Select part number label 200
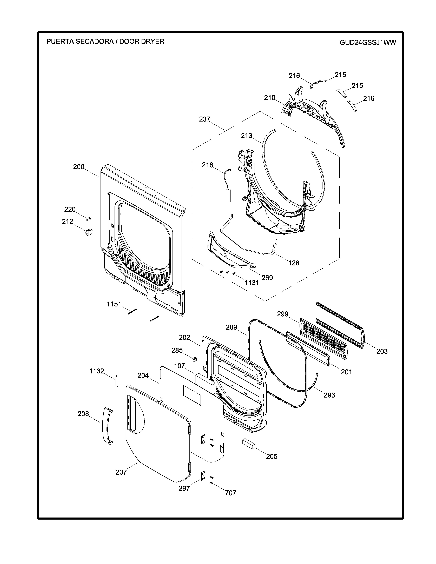point(79,167)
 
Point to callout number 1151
point(114,304)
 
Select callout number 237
point(204,119)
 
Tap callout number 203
point(382,351)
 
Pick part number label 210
point(269,98)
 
